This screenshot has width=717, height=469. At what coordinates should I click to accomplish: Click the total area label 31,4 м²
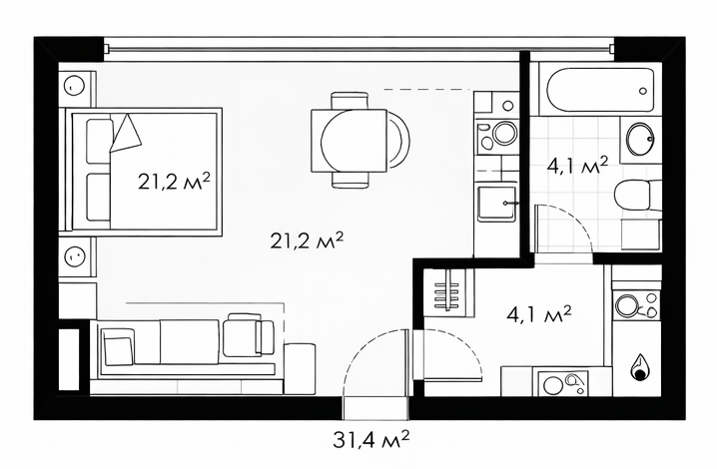[370, 441]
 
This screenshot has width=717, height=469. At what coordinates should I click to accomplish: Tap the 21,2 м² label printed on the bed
[174, 182]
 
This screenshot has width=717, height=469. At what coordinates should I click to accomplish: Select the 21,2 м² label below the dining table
[307, 239]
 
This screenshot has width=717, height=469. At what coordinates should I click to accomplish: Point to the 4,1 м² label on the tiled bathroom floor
[577, 166]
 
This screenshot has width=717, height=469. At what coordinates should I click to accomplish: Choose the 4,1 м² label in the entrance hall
[539, 314]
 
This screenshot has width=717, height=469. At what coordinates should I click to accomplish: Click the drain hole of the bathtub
[643, 91]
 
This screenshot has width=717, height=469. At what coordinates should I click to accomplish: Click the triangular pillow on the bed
[125, 133]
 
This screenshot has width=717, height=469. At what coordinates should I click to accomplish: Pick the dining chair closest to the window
[350, 100]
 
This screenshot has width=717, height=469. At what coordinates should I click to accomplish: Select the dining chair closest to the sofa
[350, 180]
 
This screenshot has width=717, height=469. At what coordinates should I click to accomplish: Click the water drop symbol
[639, 368]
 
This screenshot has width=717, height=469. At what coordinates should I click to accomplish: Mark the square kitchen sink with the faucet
[496, 203]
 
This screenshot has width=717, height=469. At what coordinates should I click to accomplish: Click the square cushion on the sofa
[119, 350]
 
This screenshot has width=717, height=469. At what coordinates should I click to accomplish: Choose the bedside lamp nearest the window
[74, 86]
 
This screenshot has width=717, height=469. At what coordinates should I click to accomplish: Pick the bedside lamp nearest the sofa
[74, 256]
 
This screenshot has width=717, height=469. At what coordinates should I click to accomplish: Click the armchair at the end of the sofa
[248, 335]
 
